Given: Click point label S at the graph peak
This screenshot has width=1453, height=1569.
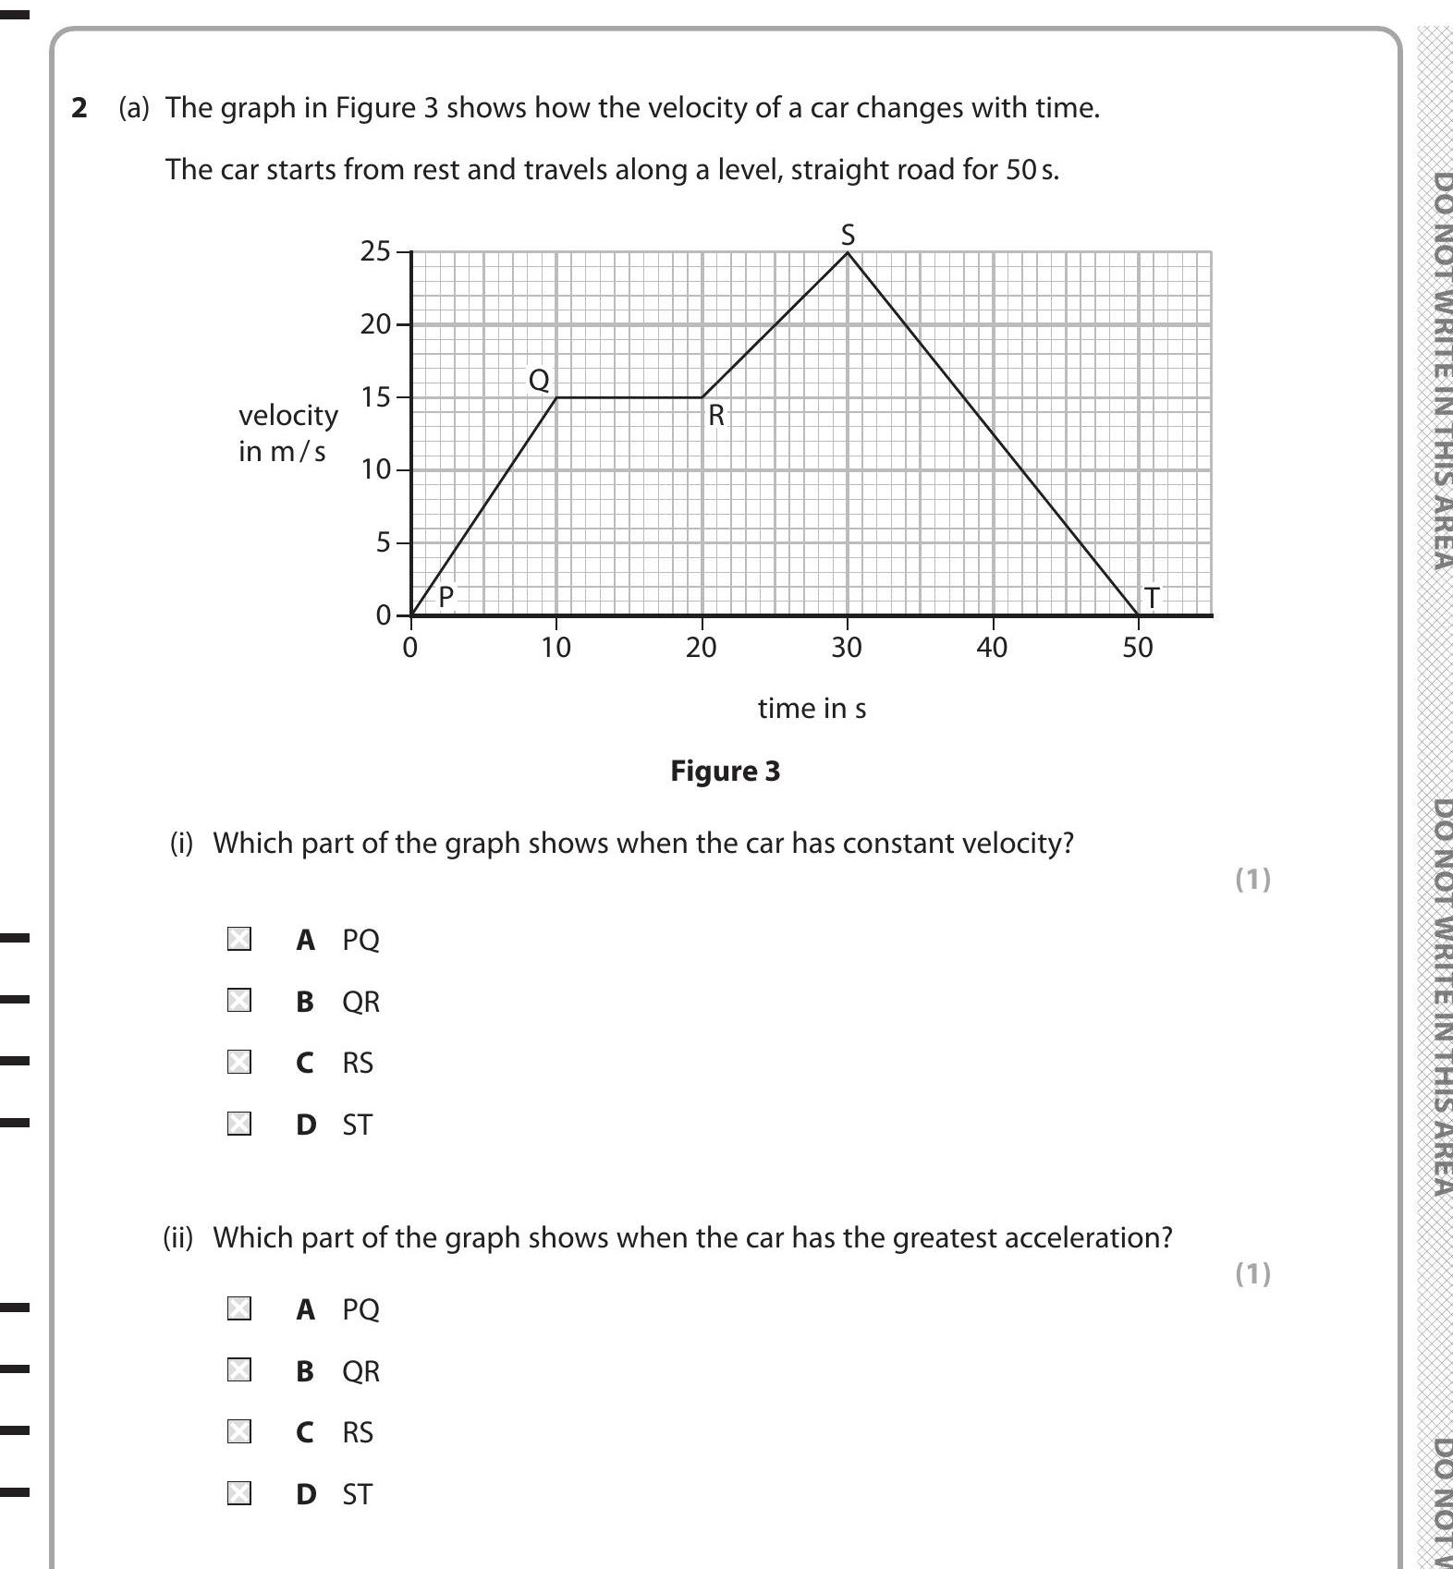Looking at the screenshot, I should click(848, 235).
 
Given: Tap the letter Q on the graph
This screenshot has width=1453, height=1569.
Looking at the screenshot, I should click(538, 379).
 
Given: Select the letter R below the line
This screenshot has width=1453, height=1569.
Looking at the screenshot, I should click(715, 416).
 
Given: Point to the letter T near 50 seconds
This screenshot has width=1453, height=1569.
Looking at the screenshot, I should click(1152, 598).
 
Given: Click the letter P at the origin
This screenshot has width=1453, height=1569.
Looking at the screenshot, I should click(446, 597).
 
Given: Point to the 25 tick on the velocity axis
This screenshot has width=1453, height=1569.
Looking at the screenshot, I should click(376, 251).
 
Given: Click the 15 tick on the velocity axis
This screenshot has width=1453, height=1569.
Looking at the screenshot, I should click(376, 397).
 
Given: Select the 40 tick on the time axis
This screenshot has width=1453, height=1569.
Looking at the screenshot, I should click(992, 648).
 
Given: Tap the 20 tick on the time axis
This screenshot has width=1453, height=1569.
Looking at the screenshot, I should click(701, 648).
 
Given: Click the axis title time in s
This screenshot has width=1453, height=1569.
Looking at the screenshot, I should click(812, 708).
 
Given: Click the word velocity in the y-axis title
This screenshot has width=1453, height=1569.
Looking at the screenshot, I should click(288, 415).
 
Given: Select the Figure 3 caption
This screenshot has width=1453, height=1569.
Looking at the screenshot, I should click(725, 771).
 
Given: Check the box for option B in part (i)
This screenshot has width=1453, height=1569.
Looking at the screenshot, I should click(239, 1001).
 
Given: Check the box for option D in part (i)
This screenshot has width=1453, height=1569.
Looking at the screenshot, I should click(239, 1124).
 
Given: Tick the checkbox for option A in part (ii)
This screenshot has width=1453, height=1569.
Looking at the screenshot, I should click(239, 1308).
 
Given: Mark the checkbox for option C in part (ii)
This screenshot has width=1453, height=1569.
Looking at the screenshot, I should click(239, 1431).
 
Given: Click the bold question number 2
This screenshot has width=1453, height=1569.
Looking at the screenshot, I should click(79, 108).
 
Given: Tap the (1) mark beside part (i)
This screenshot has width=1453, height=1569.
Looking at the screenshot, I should click(1252, 879).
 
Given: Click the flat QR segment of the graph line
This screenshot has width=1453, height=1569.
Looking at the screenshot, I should click(629, 397).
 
